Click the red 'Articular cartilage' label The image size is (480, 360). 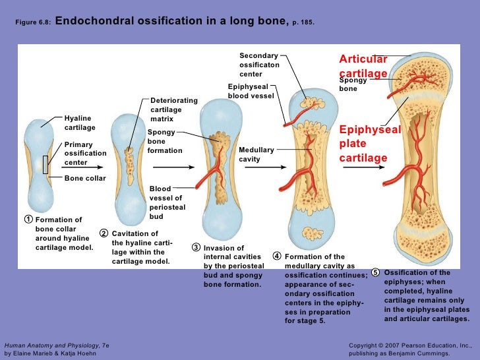(x=363, y=67)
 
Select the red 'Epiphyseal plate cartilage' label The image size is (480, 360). (x=370, y=144)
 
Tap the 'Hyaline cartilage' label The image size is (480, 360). (x=80, y=122)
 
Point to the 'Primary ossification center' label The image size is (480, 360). (x=85, y=153)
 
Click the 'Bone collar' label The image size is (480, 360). (x=85, y=178)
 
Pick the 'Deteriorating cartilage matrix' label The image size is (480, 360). (x=173, y=109)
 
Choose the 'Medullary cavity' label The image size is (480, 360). (x=256, y=154)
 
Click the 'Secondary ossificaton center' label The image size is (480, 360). (x=259, y=65)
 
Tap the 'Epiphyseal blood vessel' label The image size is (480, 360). (x=251, y=91)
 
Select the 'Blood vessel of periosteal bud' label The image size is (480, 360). (x=167, y=202)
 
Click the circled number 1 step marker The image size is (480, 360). (x=28, y=220)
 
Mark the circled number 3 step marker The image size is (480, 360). (x=196, y=248)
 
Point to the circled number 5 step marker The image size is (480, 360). (x=375, y=273)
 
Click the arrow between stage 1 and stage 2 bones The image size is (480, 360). (x=87, y=167)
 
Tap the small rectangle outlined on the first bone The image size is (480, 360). (x=45, y=164)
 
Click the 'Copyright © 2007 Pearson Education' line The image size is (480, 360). (x=409, y=345)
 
